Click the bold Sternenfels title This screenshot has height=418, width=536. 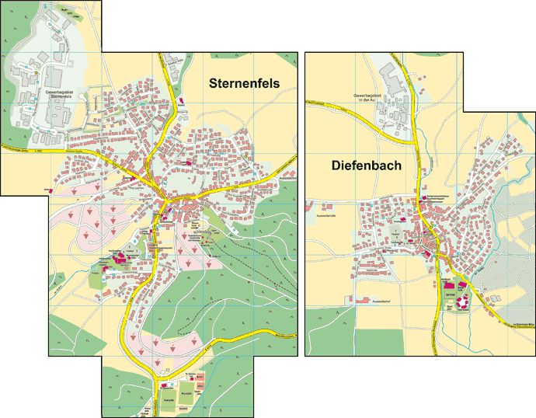[244, 83]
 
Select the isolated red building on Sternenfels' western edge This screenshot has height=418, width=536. [53, 189]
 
